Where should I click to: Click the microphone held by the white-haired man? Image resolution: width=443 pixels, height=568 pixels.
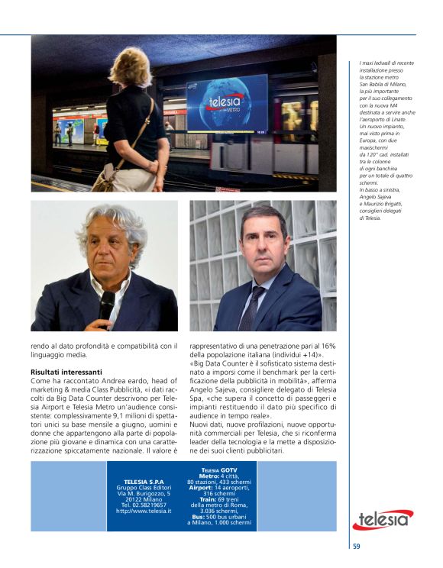106,305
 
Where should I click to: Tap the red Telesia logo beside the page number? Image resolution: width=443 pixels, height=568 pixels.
383,520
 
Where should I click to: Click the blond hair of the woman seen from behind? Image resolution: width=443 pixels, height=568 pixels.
131,67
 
